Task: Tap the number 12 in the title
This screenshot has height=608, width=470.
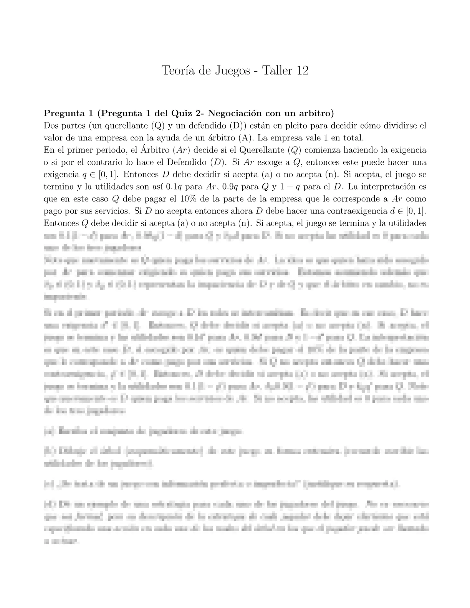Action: tap(301, 71)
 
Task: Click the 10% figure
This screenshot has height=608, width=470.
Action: tap(187, 199)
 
